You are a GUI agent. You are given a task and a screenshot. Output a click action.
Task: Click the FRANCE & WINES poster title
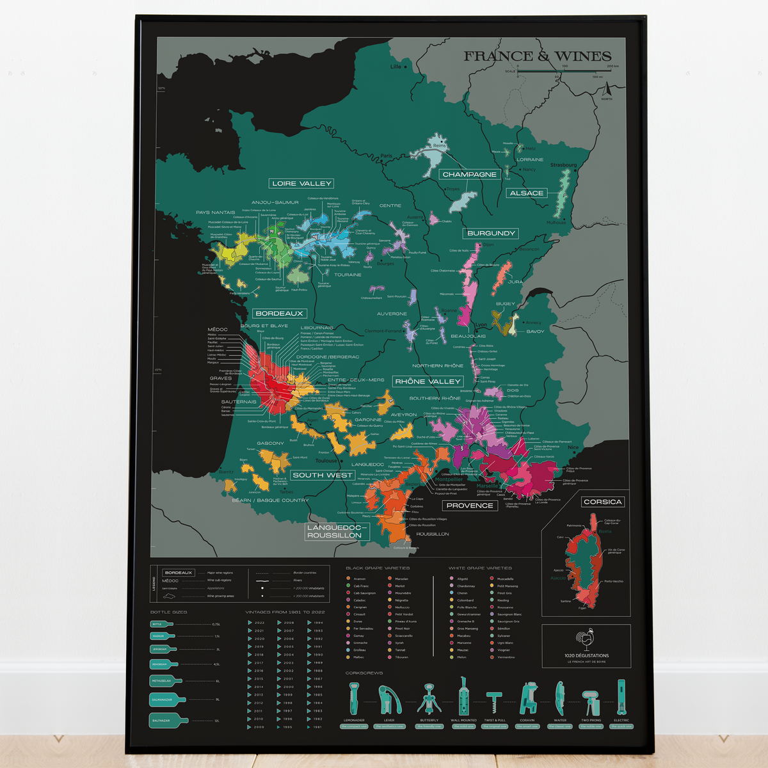(537, 56)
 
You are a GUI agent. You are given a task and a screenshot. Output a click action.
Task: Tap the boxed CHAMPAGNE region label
(469, 174)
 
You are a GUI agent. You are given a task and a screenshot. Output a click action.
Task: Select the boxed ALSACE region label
(526, 193)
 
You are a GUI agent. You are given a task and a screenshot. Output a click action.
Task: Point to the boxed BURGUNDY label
(491, 233)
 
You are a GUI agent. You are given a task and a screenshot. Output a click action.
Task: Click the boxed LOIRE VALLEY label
(301, 183)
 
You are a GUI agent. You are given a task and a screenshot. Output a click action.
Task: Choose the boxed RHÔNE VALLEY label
(428, 381)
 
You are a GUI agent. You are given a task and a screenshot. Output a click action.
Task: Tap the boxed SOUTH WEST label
(322, 475)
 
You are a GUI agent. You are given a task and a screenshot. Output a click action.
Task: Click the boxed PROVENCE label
(470, 505)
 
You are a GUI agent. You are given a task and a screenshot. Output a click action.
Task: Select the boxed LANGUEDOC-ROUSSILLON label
(334, 531)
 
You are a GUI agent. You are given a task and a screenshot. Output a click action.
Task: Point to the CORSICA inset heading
(602, 502)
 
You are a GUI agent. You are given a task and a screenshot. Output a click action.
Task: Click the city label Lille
(396, 67)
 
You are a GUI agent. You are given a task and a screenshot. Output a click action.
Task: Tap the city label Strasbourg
(563, 165)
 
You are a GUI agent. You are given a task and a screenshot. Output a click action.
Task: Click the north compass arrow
(606, 92)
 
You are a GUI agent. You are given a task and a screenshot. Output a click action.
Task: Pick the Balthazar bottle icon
(168, 720)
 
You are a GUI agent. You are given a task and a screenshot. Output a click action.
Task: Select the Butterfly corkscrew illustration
(429, 699)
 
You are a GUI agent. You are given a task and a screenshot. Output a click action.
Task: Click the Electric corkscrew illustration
(621, 698)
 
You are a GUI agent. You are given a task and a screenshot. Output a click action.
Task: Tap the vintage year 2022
(259, 623)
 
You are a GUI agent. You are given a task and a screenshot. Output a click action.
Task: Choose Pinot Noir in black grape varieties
(402, 628)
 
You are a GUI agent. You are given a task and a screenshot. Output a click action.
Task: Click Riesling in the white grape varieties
(503, 600)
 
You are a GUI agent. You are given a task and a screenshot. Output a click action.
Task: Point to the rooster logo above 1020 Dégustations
(586, 640)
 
